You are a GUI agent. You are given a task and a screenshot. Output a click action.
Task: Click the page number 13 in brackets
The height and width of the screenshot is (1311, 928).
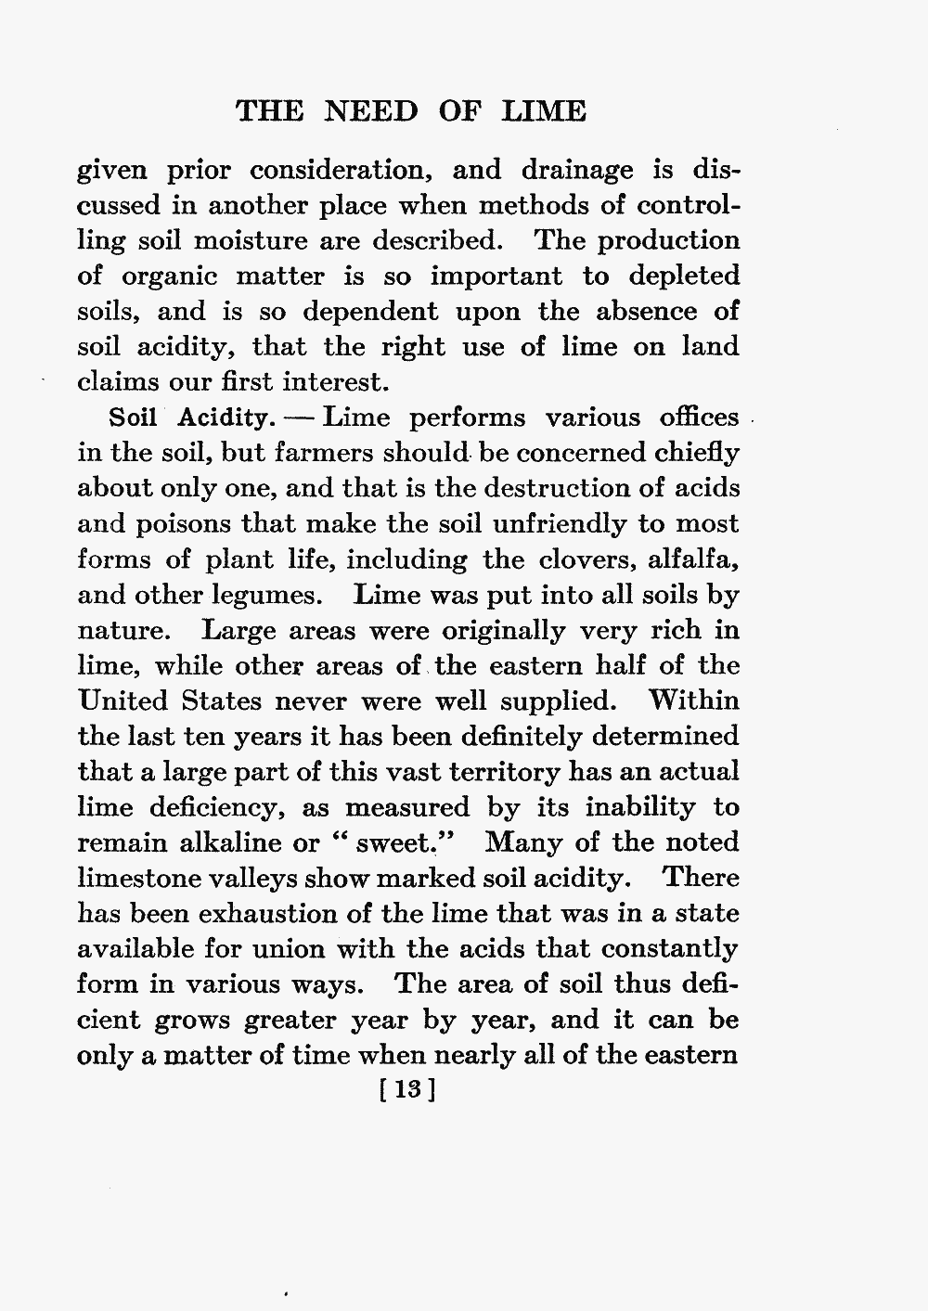(408, 1090)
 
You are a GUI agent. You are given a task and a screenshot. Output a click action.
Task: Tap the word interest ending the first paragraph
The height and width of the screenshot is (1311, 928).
(325, 382)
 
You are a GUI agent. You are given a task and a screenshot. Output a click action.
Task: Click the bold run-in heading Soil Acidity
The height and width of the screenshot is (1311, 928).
(187, 418)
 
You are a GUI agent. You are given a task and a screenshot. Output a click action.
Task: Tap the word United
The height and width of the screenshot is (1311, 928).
(125, 700)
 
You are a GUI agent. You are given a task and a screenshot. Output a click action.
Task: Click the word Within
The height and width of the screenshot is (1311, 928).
(693, 700)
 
